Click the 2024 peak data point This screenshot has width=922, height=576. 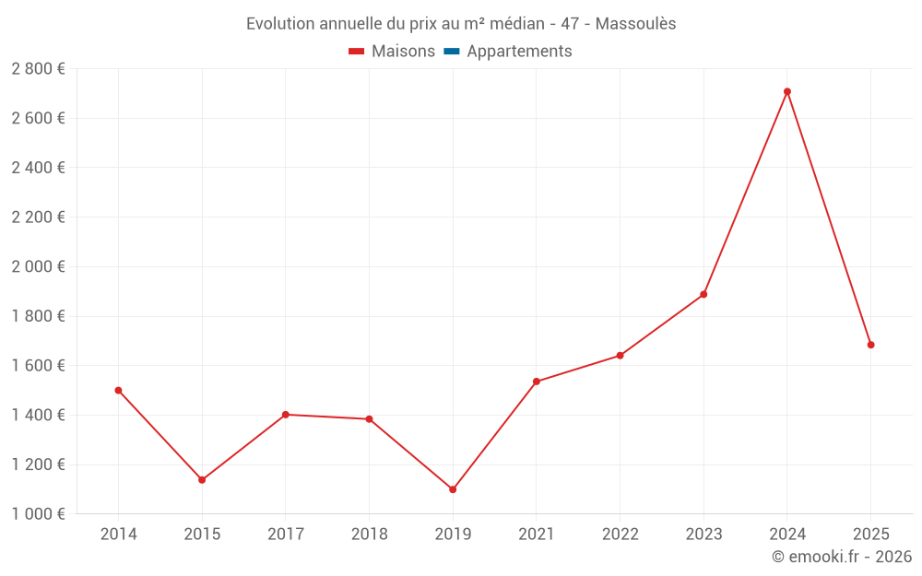click(786, 91)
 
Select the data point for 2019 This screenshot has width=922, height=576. click(453, 489)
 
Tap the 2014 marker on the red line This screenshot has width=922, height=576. click(118, 390)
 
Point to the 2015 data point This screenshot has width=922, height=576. click(202, 479)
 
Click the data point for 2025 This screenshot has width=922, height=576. click(870, 345)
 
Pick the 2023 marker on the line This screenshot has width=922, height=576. click(703, 294)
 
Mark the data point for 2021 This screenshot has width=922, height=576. click(536, 382)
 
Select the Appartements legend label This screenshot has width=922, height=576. click(519, 52)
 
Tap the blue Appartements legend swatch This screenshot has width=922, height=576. click(451, 52)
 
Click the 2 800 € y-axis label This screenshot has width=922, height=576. click(38, 69)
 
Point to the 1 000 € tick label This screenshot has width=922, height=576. click(38, 513)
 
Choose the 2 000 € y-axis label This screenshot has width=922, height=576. click(38, 266)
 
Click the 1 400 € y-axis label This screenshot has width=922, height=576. click(38, 415)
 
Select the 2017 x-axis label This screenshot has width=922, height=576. click(286, 535)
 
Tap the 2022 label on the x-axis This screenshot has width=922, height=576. click(620, 535)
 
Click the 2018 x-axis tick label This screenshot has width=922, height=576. click(369, 535)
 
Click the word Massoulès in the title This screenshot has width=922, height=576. click(635, 24)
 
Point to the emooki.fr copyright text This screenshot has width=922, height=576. click(842, 557)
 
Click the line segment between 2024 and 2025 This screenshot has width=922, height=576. click(829, 218)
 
